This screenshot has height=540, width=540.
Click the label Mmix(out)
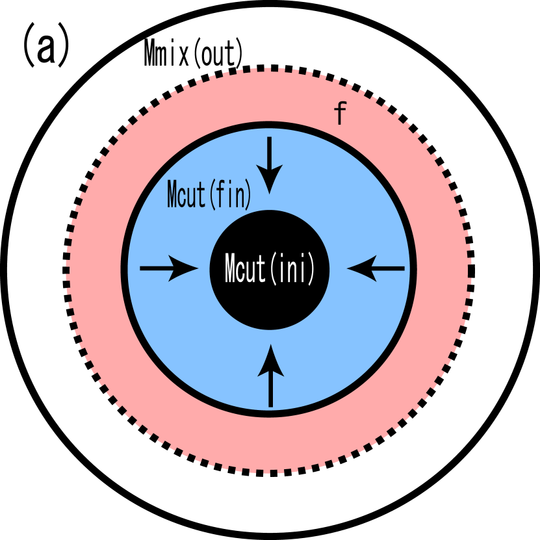194,54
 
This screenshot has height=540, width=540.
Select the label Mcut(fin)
209,195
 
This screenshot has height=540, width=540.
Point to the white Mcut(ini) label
270,269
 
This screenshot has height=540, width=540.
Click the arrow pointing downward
270,163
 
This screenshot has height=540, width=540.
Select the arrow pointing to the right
168,268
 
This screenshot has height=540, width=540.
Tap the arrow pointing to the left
376,268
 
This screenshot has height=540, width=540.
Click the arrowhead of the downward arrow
270,179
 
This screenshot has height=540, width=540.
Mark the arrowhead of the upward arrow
270,361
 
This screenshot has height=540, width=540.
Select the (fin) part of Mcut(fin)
230,195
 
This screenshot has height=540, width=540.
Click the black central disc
270,305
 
